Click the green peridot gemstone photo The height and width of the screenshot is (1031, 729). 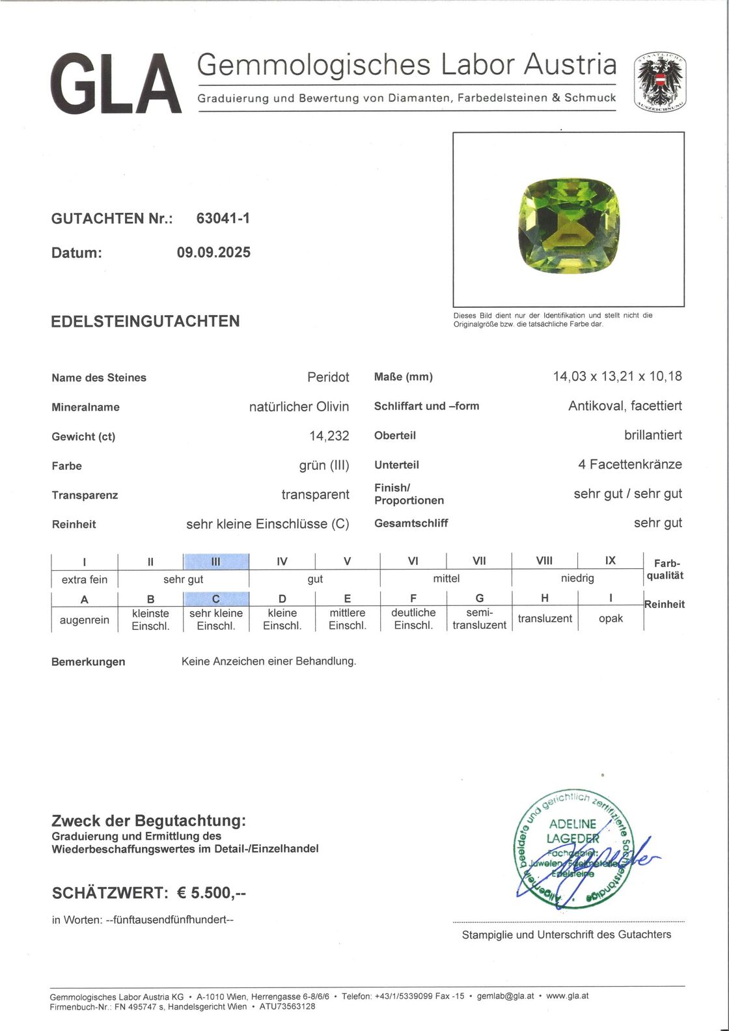[x=568, y=223]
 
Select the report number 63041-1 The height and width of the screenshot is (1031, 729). [x=223, y=219]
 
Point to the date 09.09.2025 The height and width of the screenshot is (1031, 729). [x=213, y=253]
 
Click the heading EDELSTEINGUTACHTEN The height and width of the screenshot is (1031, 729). [x=145, y=321]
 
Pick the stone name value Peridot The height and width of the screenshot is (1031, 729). [x=328, y=378]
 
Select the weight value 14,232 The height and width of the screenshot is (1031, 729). [x=329, y=436]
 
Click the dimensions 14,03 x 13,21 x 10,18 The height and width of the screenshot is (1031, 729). [x=617, y=376]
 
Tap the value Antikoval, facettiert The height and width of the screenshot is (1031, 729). [x=625, y=406]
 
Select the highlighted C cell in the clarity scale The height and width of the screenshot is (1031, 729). [x=216, y=599]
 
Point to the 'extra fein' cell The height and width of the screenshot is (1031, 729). [x=85, y=579]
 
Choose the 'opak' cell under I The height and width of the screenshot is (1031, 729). [x=611, y=618]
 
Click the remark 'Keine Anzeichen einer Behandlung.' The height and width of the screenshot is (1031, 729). [x=269, y=661]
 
